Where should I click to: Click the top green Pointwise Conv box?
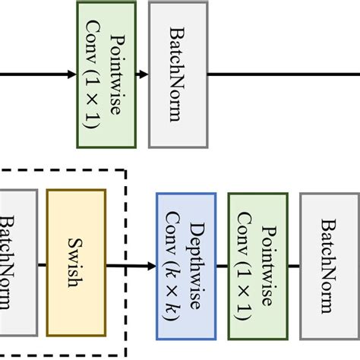click(x=106, y=74)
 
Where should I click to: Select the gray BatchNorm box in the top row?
click(x=178, y=74)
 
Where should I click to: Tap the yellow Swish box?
click(x=76, y=262)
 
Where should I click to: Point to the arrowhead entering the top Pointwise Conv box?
click(x=71, y=74)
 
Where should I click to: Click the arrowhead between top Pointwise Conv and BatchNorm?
click(x=144, y=74)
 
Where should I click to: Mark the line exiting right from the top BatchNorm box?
click(x=281, y=74)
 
